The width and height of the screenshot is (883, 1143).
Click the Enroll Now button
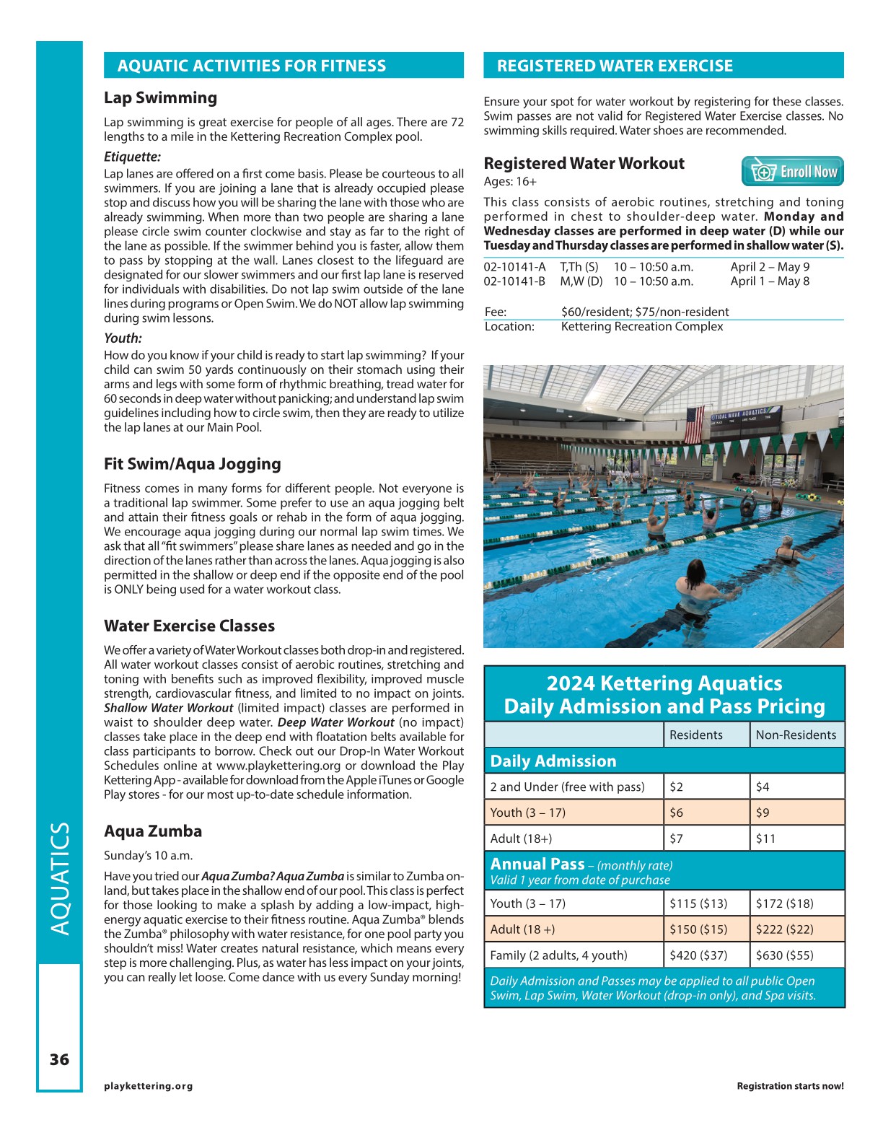click(792, 172)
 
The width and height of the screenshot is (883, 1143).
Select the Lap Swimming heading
click(160, 98)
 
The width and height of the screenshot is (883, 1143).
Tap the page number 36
click(59, 1059)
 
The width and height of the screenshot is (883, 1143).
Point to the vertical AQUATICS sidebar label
click(60, 879)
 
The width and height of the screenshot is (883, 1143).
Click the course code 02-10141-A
click(514, 267)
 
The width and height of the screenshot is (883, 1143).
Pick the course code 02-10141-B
click(514, 281)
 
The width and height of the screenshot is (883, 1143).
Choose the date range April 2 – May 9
click(770, 267)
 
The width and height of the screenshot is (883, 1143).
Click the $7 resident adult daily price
click(676, 838)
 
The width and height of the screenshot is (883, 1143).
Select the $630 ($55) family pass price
click(784, 955)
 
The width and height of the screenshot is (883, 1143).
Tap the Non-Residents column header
click(796, 735)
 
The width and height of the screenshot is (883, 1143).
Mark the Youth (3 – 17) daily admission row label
click(527, 813)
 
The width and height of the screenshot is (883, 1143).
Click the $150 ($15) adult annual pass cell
click(698, 929)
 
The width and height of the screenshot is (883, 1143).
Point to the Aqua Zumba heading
click(153, 831)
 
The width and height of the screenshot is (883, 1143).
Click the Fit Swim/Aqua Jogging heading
click(193, 464)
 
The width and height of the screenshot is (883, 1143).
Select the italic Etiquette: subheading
click(132, 157)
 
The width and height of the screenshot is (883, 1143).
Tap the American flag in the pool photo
click(693, 426)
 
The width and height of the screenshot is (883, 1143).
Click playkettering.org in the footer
click(148, 1086)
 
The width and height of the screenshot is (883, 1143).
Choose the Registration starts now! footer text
click(790, 1086)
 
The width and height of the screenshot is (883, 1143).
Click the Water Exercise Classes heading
click(189, 626)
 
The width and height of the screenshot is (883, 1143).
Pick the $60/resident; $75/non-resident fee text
click(645, 312)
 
